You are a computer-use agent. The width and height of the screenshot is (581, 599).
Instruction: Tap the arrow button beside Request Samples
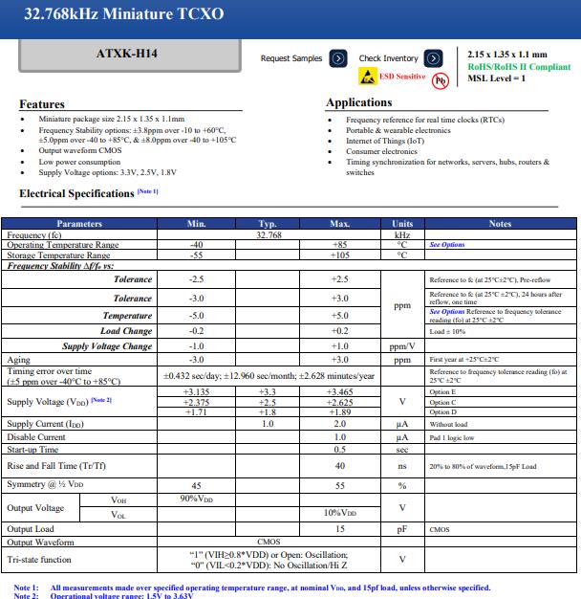click(x=338, y=58)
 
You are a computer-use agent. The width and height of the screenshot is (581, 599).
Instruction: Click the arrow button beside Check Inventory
click(x=435, y=58)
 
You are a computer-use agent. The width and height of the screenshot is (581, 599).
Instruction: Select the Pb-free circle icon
click(x=441, y=79)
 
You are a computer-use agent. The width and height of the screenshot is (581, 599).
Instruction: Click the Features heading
click(x=42, y=104)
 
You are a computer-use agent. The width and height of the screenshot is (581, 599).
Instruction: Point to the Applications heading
click(x=359, y=102)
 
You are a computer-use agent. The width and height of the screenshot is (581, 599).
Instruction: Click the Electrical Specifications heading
click(x=76, y=193)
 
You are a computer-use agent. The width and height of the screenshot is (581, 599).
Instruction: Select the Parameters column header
click(x=79, y=223)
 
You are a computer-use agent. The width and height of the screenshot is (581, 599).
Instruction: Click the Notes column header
click(x=500, y=223)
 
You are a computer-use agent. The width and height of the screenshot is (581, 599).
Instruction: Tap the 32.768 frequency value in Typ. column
click(x=269, y=234)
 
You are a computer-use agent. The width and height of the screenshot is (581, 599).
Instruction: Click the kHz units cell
click(x=402, y=234)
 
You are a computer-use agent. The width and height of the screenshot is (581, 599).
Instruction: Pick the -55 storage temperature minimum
click(x=197, y=255)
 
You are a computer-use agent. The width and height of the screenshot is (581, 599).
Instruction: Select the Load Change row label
click(x=126, y=331)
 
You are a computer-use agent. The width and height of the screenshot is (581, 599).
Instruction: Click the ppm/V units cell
click(x=402, y=346)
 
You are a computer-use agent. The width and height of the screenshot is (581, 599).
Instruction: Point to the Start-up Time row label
click(x=33, y=449)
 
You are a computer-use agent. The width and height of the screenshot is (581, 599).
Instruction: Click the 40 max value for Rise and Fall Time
click(x=340, y=466)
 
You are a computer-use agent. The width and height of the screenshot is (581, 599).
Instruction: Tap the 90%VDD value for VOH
click(x=197, y=499)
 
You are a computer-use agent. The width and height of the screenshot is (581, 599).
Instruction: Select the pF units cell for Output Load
click(x=402, y=528)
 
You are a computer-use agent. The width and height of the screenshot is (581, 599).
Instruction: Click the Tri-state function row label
click(x=39, y=560)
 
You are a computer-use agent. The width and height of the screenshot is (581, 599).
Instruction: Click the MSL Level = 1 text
click(x=497, y=78)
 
